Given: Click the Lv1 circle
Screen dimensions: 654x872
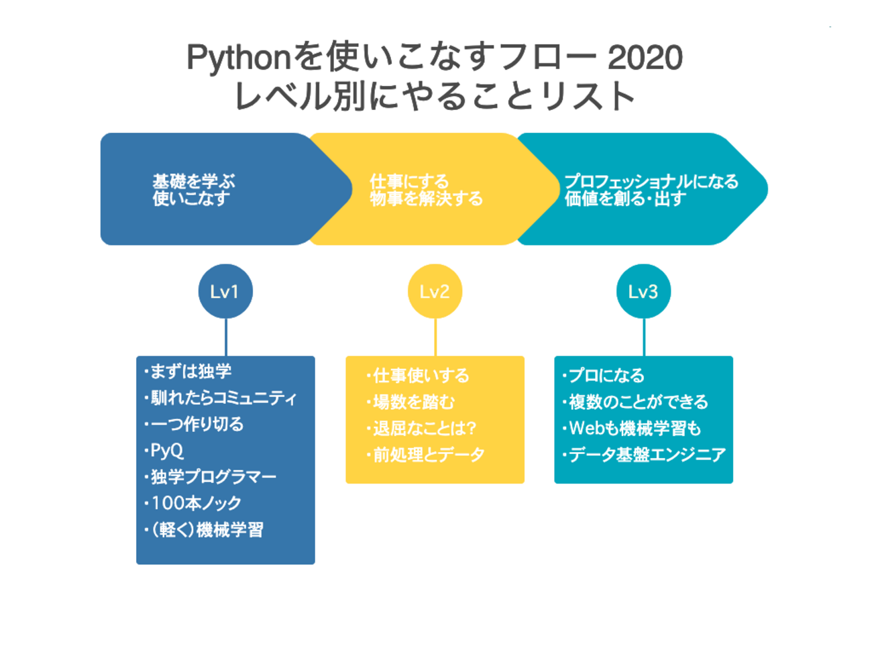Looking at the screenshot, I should click(225, 291).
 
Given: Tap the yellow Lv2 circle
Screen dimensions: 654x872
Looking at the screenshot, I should click(435, 291).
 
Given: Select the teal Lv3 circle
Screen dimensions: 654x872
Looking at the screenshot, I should click(643, 291).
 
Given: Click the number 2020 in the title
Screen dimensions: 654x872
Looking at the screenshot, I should click(645, 58).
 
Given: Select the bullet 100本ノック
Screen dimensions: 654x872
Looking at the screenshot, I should click(195, 503).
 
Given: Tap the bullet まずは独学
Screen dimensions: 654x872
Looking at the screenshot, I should click(190, 371).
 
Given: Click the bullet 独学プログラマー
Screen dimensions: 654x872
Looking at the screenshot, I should click(213, 477).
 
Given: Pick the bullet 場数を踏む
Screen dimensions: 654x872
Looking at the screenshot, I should click(413, 402).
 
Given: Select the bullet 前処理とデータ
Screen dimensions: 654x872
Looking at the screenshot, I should click(428, 455).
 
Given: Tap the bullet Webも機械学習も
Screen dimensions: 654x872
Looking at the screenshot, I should click(634, 428).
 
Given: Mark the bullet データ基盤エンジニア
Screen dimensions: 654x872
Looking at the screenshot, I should click(647, 455).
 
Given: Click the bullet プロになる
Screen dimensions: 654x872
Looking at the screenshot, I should click(606, 375).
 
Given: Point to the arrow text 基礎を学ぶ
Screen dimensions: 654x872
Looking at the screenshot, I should click(194, 181).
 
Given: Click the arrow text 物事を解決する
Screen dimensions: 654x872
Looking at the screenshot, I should click(426, 199).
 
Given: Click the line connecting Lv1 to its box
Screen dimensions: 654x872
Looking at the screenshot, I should click(226, 337).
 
